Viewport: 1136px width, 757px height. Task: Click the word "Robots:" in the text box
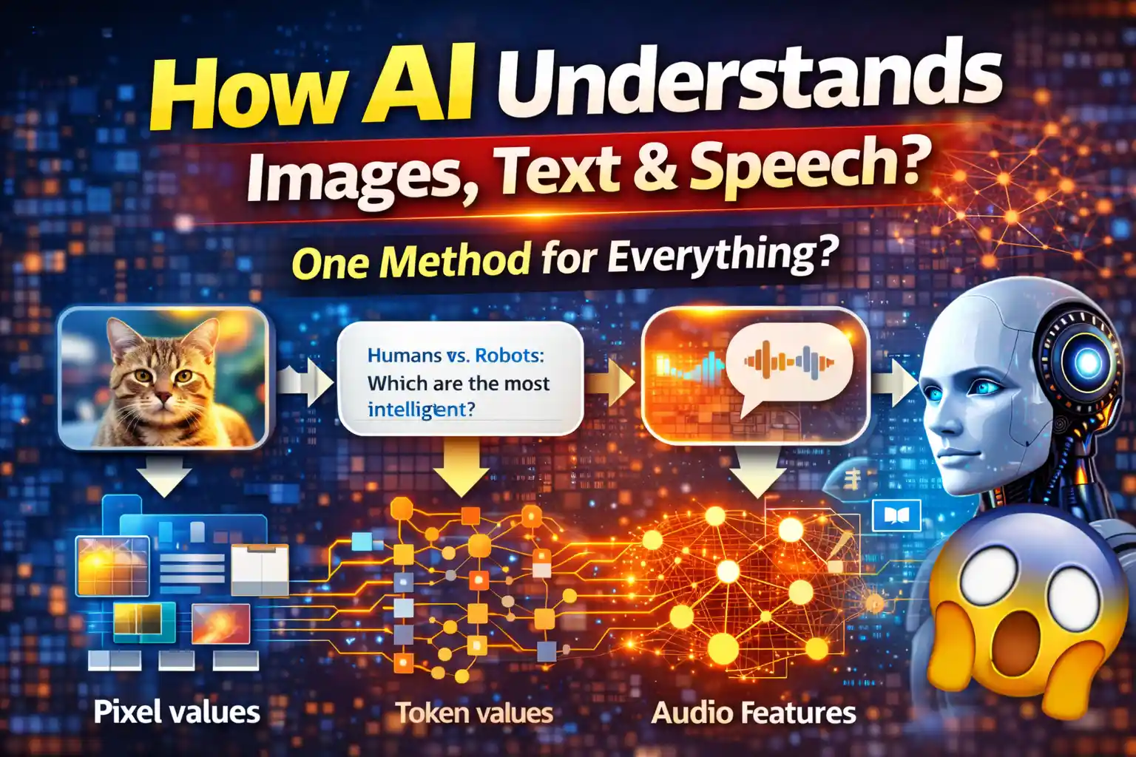tap(509, 356)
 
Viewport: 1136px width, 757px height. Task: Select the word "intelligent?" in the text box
tap(421, 410)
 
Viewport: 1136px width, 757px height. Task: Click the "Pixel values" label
tap(177, 712)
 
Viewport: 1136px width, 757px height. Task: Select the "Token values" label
tap(474, 713)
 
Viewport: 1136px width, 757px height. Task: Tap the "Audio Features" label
tap(754, 713)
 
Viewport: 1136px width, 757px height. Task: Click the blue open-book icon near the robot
tap(896, 515)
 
